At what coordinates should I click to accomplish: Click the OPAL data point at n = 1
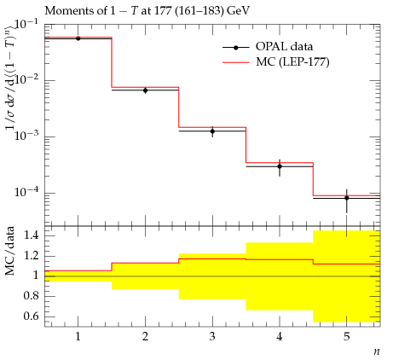pyautogui.click(x=78, y=38)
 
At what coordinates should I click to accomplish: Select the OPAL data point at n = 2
pyautogui.click(x=145, y=90)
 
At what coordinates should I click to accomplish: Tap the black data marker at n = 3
pyautogui.click(x=212, y=131)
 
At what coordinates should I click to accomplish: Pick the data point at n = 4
pyautogui.click(x=280, y=166)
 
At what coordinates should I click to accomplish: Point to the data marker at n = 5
pyautogui.click(x=347, y=198)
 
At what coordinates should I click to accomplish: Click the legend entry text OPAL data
pyautogui.click(x=284, y=46)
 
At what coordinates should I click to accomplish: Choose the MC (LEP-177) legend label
pyautogui.click(x=292, y=61)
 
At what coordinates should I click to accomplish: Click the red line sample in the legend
pyautogui.click(x=236, y=62)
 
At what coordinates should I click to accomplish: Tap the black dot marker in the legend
pyautogui.click(x=236, y=48)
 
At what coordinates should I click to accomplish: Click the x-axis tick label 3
pyautogui.click(x=212, y=337)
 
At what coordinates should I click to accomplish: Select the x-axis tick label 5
pyautogui.click(x=347, y=337)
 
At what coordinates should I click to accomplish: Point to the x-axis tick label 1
pyautogui.click(x=78, y=337)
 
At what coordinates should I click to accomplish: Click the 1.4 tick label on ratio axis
pyautogui.click(x=31, y=235)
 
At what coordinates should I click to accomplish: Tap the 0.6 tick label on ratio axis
pyautogui.click(x=31, y=316)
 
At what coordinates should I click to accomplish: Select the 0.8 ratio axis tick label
pyautogui.click(x=31, y=296)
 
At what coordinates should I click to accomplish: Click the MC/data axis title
pyautogui.click(x=10, y=251)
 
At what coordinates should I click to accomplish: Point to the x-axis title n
pyautogui.click(x=377, y=351)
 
